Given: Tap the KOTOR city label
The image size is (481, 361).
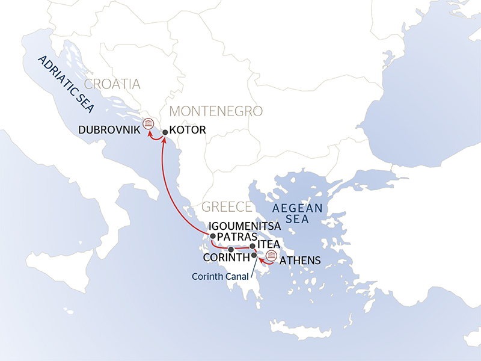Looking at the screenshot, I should pyautogui.click(x=188, y=129).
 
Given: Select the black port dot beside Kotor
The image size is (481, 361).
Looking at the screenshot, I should pyautogui.click(x=165, y=131).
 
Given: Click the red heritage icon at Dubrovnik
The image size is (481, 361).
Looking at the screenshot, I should pyautogui.click(x=148, y=124).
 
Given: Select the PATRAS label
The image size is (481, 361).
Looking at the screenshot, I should pyautogui.click(x=237, y=237).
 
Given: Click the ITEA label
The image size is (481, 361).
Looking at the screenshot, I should pyautogui.click(x=268, y=246).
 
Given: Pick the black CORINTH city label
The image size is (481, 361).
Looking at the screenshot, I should pyautogui.click(x=227, y=258).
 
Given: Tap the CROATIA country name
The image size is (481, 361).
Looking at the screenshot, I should pyautogui.click(x=112, y=84).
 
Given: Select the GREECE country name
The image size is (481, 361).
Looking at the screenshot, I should pyautogui.click(x=226, y=207).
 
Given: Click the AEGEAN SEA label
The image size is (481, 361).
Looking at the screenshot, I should pyautogui.click(x=298, y=214).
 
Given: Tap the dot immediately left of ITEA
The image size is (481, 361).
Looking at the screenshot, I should pyautogui.click(x=253, y=246).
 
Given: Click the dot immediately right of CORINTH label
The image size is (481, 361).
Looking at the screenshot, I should pyautogui.click(x=254, y=256).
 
